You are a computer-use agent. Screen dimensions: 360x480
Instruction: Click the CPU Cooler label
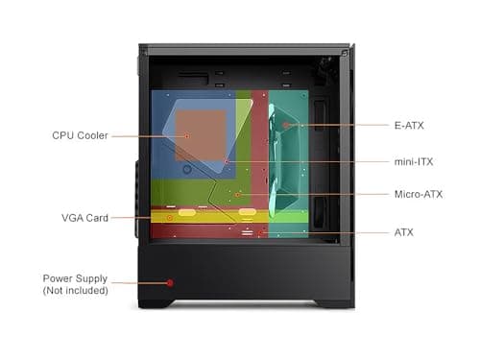(x=80, y=135)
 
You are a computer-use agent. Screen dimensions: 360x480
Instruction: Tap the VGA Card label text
(x=84, y=218)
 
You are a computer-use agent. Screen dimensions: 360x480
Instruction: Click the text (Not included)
(x=75, y=290)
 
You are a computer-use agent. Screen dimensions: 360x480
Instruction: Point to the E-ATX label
(x=410, y=125)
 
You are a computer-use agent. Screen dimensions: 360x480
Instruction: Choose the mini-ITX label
(x=413, y=161)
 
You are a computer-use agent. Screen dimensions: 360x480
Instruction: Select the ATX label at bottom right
(x=404, y=232)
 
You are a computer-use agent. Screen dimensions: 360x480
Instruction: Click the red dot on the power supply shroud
(x=170, y=282)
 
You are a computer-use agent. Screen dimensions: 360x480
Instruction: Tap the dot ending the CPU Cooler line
(x=188, y=135)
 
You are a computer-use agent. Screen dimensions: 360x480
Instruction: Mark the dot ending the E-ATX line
(x=285, y=125)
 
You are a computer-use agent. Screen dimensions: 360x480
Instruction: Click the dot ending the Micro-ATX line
(x=237, y=194)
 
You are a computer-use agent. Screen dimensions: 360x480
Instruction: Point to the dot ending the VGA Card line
(x=170, y=218)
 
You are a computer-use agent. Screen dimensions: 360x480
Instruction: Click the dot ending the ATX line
(x=259, y=232)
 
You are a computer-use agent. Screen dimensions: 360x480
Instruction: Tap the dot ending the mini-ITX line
(x=227, y=161)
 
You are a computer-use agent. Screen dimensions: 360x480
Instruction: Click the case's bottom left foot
(x=156, y=303)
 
